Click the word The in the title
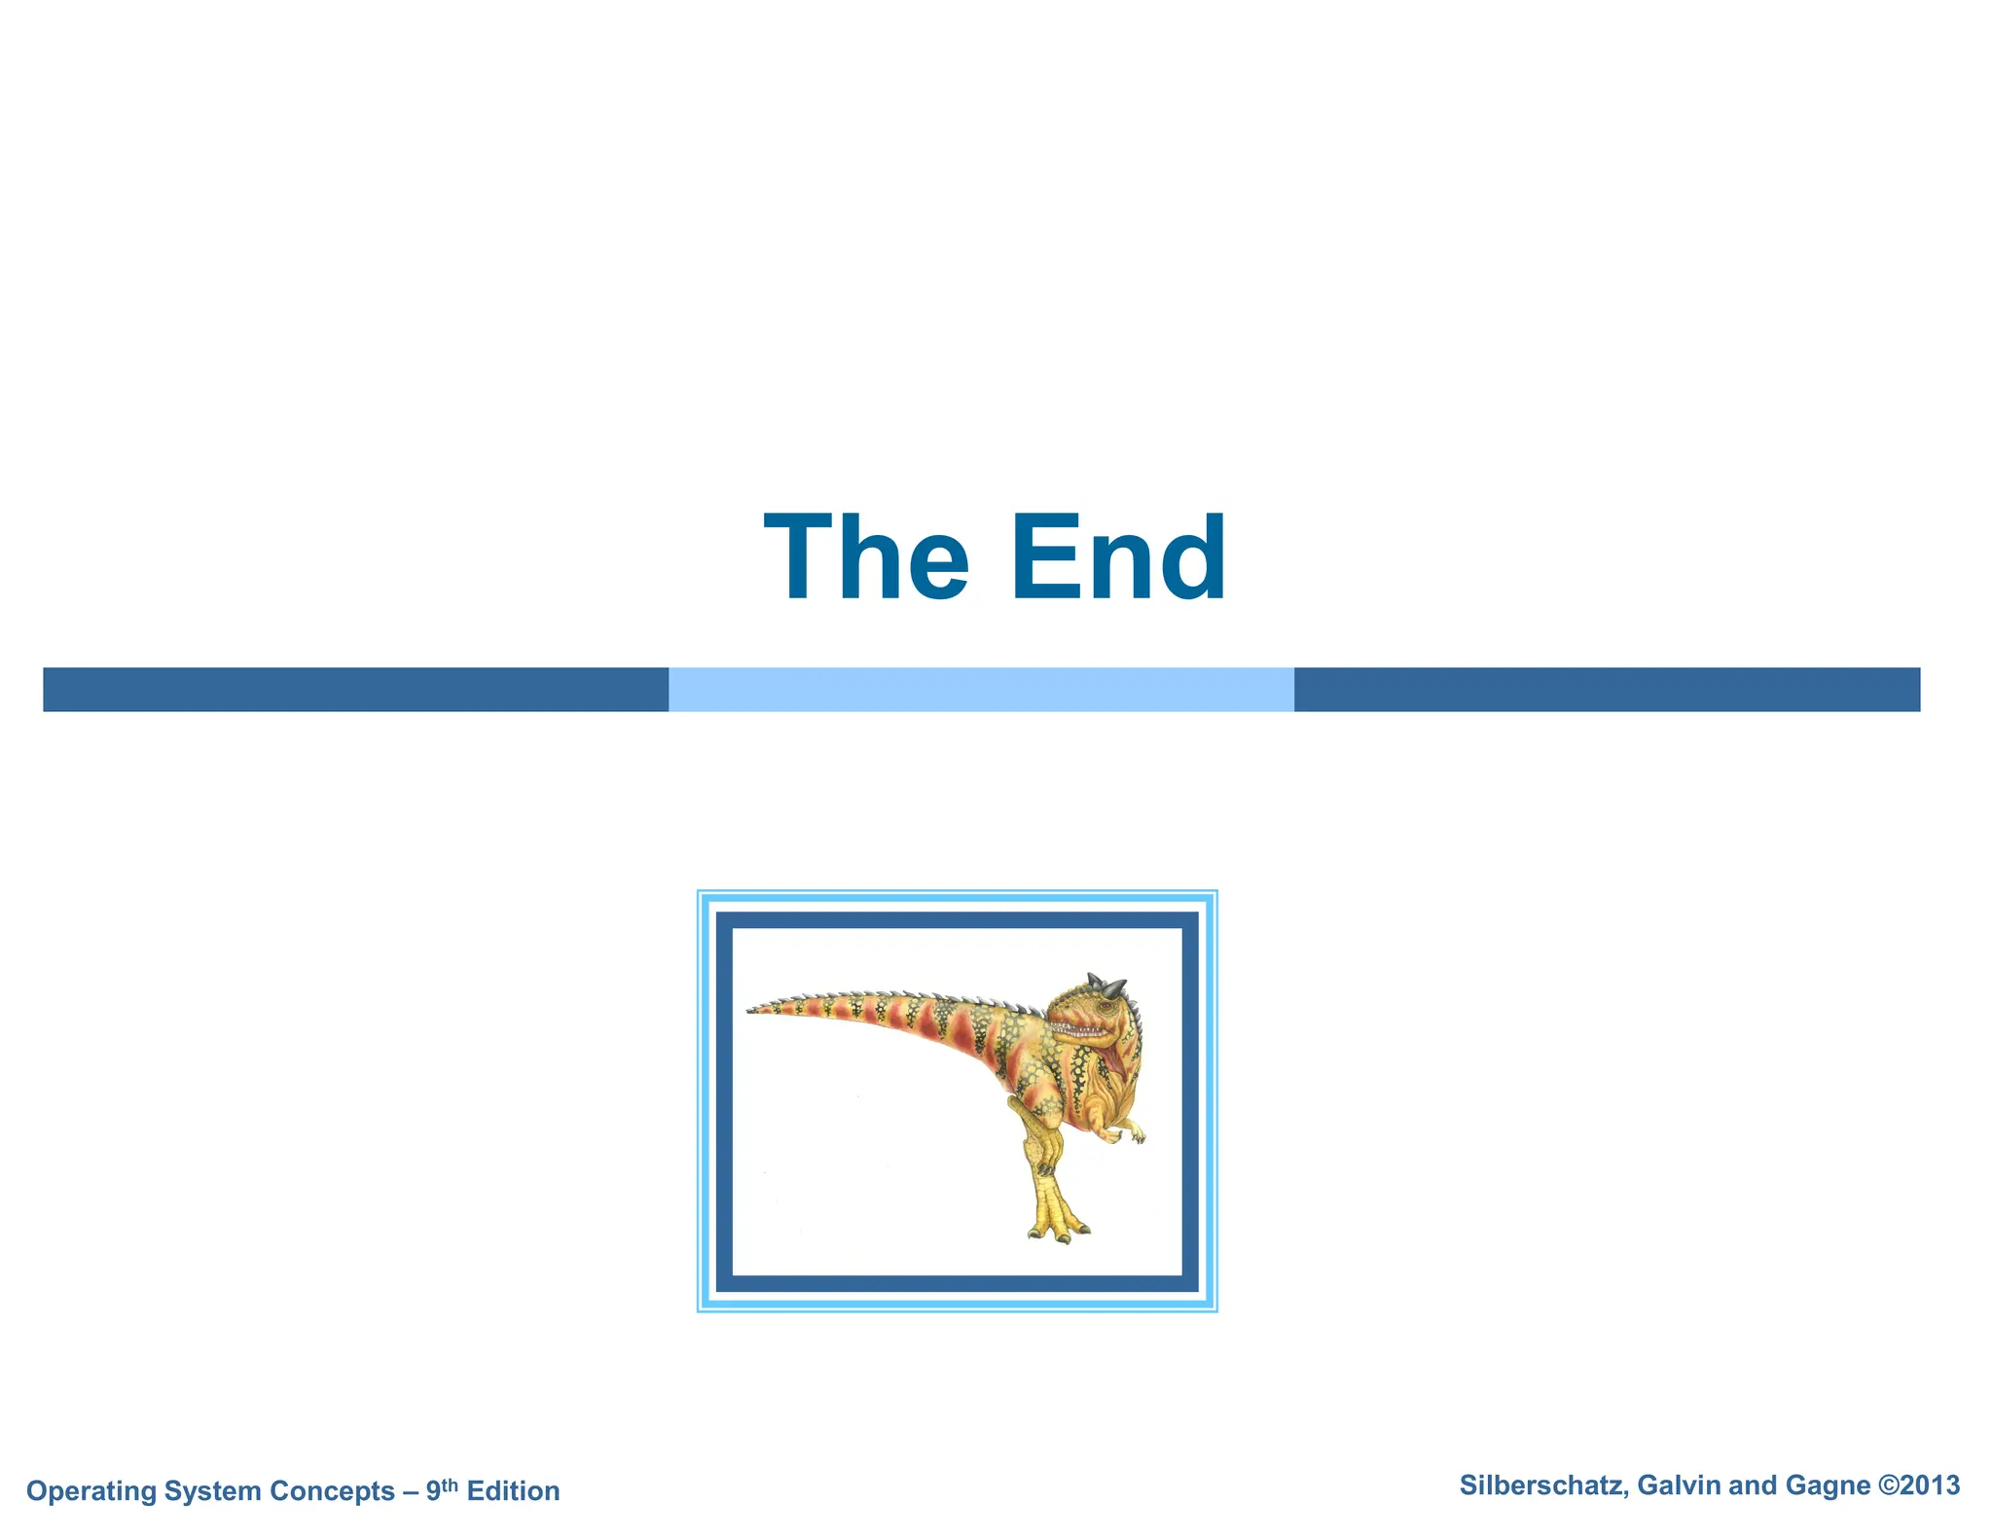point(866,558)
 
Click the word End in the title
point(1118,558)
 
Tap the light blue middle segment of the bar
point(981,690)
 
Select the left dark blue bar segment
point(355,690)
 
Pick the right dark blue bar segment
point(1607,690)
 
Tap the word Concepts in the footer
point(332,1491)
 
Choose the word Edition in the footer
point(513,1491)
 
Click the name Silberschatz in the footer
point(1543,1485)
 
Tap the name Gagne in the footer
point(1828,1485)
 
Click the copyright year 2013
point(1929,1485)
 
